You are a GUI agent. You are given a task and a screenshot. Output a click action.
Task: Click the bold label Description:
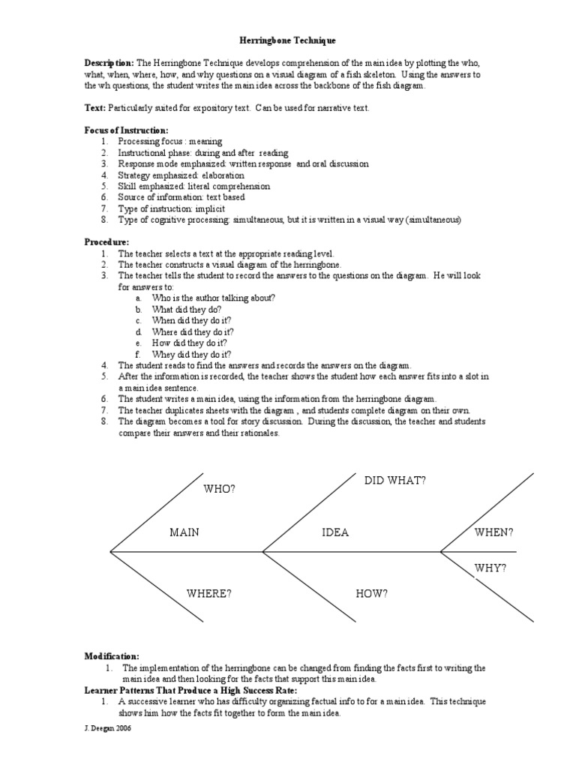point(109,64)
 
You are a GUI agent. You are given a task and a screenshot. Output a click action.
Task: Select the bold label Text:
point(95,109)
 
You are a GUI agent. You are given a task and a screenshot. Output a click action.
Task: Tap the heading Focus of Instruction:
point(126,130)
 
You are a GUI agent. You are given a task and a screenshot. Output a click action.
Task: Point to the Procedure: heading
point(106,242)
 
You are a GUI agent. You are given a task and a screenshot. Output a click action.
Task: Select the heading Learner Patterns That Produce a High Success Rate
point(190,690)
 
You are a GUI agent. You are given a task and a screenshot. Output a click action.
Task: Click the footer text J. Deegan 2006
point(106,727)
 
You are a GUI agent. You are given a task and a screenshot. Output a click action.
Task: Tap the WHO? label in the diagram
point(220,490)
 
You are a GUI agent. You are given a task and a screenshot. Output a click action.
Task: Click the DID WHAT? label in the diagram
point(394,480)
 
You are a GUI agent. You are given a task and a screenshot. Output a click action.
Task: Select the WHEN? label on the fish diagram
point(493,532)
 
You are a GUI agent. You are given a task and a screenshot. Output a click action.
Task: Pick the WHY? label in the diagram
point(490,568)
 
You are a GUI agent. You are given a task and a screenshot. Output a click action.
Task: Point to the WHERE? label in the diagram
point(209,594)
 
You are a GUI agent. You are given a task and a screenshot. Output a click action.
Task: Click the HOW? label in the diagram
point(372,594)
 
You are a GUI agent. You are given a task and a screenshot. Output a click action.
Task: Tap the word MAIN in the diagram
point(184,532)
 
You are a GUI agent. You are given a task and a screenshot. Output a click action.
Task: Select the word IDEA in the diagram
point(335,532)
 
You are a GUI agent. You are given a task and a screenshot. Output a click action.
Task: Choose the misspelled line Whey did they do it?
point(192,354)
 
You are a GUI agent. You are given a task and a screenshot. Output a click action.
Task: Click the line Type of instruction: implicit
point(172,208)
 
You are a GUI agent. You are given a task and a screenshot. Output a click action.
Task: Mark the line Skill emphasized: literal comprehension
point(194,186)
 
